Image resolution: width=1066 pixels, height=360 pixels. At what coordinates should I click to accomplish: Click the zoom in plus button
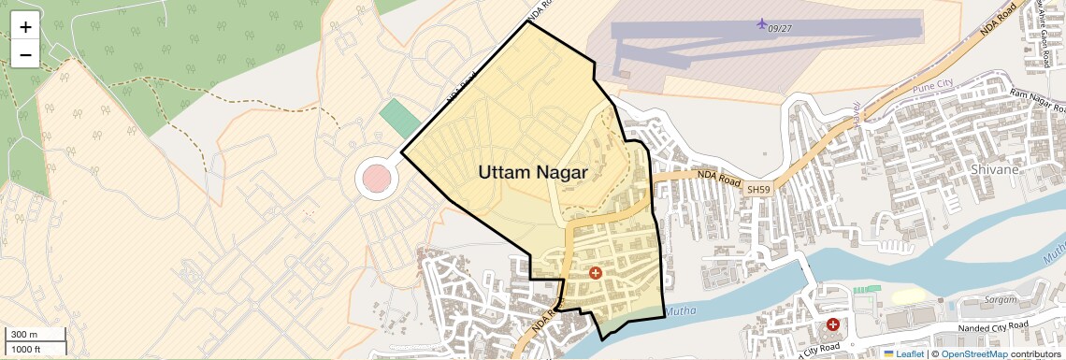click(x=25, y=27)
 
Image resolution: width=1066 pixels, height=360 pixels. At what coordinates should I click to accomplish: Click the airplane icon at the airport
click(x=762, y=22)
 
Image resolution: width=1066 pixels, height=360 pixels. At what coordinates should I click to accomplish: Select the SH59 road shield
click(x=758, y=190)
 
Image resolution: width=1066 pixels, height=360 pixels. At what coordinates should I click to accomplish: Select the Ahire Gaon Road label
click(x=1041, y=35)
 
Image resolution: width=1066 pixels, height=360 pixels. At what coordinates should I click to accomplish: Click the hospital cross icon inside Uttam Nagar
click(x=595, y=273)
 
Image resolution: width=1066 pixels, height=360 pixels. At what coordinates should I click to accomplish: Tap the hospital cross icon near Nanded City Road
click(x=832, y=324)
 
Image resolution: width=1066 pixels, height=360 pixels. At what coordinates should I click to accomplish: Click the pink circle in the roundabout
click(x=376, y=178)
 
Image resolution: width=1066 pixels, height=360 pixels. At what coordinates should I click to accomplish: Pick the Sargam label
click(x=1001, y=299)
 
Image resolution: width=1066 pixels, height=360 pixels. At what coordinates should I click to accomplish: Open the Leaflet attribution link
click(x=910, y=354)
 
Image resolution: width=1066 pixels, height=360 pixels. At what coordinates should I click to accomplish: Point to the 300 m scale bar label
click(x=24, y=335)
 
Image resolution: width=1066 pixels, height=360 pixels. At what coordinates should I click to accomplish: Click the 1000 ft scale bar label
click(x=26, y=350)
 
